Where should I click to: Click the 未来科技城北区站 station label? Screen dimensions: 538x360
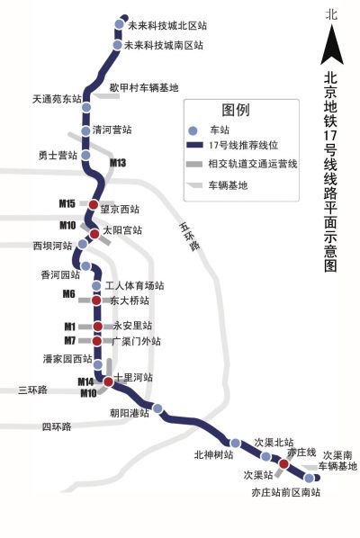[x=168, y=25]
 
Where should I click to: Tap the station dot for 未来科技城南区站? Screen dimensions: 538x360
[x=118, y=44]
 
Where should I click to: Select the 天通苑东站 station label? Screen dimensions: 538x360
[x=56, y=98]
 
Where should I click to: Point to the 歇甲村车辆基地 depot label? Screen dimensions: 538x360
[x=144, y=87]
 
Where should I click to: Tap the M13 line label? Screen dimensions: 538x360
[x=118, y=163]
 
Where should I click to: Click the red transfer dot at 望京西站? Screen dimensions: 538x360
[x=93, y=204]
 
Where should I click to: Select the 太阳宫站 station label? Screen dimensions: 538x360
[x=122, y=230]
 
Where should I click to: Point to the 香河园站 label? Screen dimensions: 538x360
[x=56, y=274]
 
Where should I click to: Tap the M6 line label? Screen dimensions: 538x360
[x=68, y=294]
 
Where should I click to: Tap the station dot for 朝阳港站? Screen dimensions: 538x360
[x=158, y=409]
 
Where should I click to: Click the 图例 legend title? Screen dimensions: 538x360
[x=236, y=109]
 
